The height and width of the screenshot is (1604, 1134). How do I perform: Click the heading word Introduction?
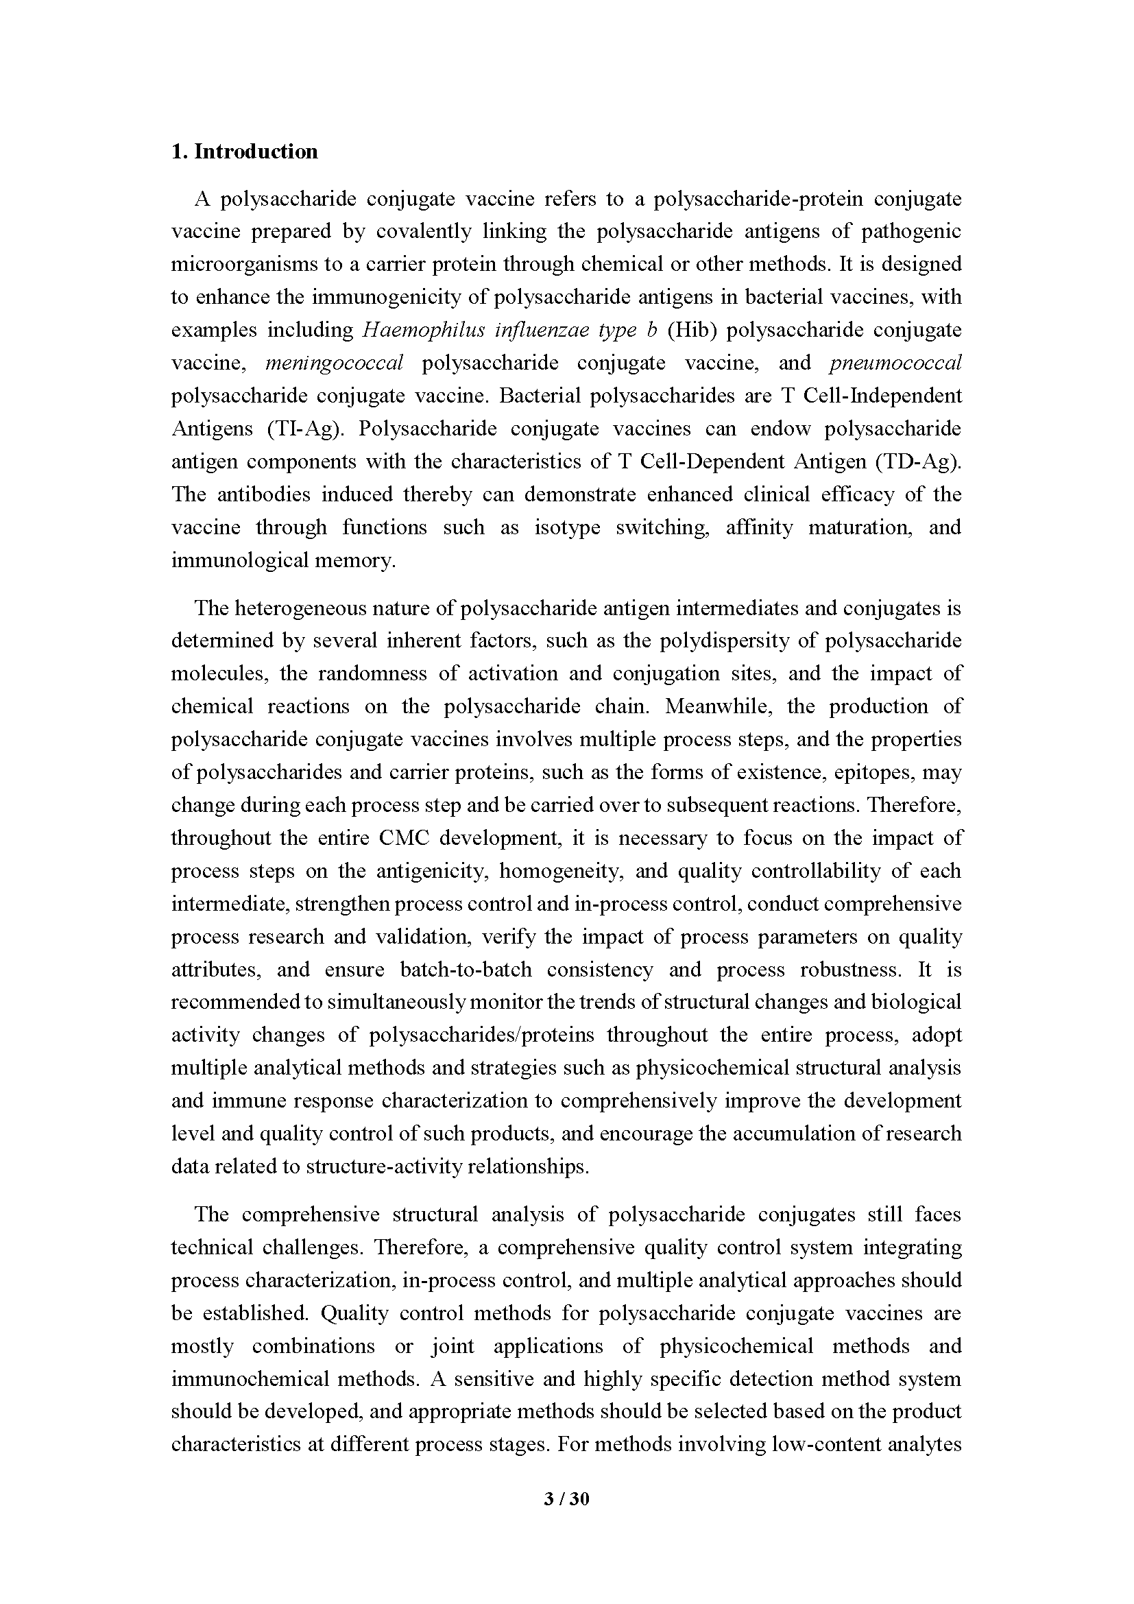[256, 152]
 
